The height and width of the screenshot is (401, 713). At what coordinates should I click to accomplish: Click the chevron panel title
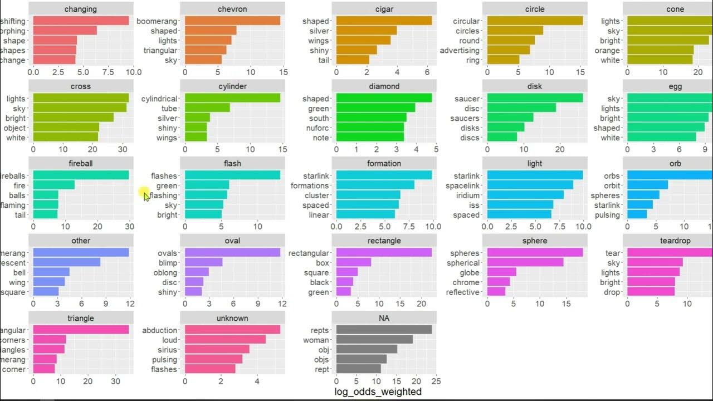(232, 9)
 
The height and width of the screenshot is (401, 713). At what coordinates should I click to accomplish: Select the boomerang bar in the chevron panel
(232, 21)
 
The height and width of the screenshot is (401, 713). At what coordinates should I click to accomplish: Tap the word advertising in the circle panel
(460, 50)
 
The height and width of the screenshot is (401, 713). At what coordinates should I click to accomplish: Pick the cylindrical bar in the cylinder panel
(232, 98)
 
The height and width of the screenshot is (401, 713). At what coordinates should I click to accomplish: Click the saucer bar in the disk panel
(535, 98)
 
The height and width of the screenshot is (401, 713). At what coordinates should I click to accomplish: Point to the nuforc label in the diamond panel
(318, 128)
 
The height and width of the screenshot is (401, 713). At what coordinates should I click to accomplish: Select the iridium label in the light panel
(466, 195)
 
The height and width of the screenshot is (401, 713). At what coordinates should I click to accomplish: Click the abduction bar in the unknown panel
(232, 330)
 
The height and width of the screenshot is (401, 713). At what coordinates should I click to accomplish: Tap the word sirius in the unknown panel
(167, 350)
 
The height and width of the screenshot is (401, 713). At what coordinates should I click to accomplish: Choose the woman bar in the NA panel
(374, 340)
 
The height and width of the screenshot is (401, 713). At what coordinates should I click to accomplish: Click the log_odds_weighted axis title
(378, 392)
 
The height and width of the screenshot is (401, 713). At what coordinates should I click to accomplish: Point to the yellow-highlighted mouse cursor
(145, 194)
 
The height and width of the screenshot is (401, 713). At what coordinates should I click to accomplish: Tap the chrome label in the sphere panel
(466, 282)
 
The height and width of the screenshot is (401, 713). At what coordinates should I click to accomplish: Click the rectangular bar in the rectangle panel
(384, 253)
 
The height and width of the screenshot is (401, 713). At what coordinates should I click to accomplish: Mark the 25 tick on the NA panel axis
(436, 382)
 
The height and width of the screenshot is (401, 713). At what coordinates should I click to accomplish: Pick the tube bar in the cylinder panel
(207, 108)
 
